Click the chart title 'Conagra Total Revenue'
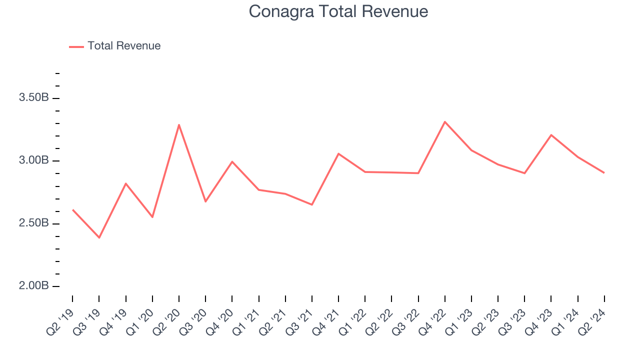click(x=338, y=11)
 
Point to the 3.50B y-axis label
click(x=33, y=98)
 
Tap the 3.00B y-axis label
click(x=33, y=160)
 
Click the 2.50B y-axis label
click(x=33, y=223)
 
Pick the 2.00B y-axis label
click(x=33, y=286)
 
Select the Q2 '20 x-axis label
click(x=167, y=320)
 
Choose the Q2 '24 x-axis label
click(x=593, y=320)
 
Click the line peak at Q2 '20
click(x=179, y=124)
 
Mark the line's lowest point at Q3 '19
click(x=99, y=237)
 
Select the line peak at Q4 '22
click(x=445, y=121)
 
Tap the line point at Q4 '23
click(x=551, y=135)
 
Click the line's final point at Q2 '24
click(x=604, y=172)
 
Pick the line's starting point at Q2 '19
click(x=72, y=210)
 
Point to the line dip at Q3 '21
click(x=312, y=204)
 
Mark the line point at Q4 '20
click(x=232, y=161)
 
